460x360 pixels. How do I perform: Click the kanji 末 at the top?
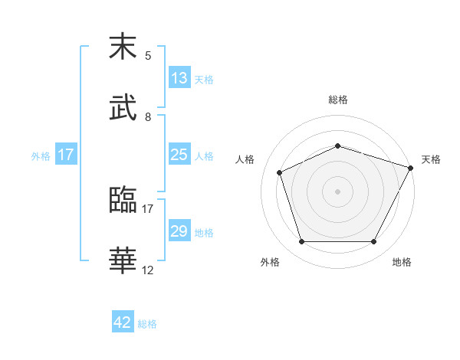pos(123,47)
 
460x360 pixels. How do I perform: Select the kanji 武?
pos(123,108)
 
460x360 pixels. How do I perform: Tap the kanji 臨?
pos(123,201)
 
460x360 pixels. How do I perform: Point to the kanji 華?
pos(123,260)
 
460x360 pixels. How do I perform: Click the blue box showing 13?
pos(179,78)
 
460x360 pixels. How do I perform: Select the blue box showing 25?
pos(179,155)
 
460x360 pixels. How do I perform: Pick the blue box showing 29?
pos(179,231)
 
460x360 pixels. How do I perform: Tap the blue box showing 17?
pos(66,155)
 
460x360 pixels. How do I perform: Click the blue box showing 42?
pos(123,322)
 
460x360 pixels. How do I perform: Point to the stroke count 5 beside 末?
pos(148,55)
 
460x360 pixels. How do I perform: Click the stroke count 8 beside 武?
pos(148,116)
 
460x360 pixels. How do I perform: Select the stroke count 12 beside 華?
pos(148,270)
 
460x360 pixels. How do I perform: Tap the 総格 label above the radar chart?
pos(338,100)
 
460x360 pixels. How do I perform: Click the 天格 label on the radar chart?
pos(431,159)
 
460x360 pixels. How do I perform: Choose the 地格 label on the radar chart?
pos(402,262)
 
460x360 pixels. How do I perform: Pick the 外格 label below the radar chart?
pos(270,262)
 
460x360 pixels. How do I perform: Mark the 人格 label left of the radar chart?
pos(245,159)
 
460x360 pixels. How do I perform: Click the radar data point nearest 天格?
pos(412,167)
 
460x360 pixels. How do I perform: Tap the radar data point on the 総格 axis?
pos(338,146)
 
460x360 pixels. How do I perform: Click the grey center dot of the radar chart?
pos(338,191)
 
